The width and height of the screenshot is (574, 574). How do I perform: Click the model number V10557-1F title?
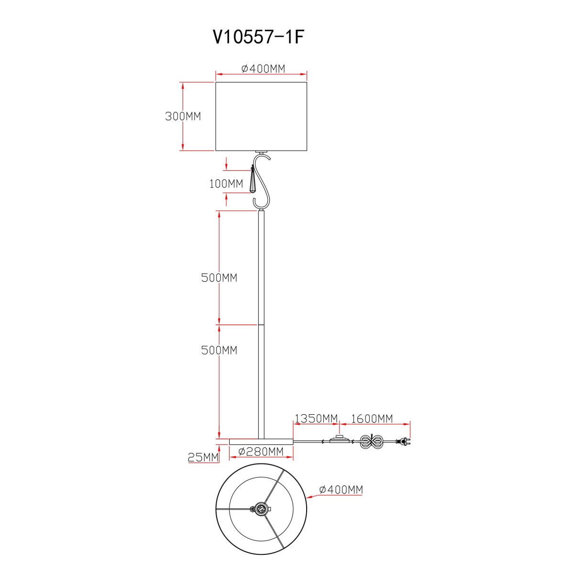click(258, 37)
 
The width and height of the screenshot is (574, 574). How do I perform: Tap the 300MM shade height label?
click(183, 116)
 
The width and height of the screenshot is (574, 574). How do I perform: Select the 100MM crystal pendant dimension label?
click(226, 184)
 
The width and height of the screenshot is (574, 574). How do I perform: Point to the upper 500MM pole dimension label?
click(219, 277)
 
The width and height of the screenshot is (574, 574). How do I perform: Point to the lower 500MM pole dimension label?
click(219, 350)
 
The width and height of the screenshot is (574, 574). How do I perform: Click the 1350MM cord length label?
click(316, 419)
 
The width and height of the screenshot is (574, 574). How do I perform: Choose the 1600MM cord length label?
click(372, 419)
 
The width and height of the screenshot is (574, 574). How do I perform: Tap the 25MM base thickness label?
click(203, 457)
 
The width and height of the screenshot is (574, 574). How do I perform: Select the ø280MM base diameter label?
click(261, 452)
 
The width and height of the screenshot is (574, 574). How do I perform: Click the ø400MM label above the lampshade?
click(263, 69)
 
